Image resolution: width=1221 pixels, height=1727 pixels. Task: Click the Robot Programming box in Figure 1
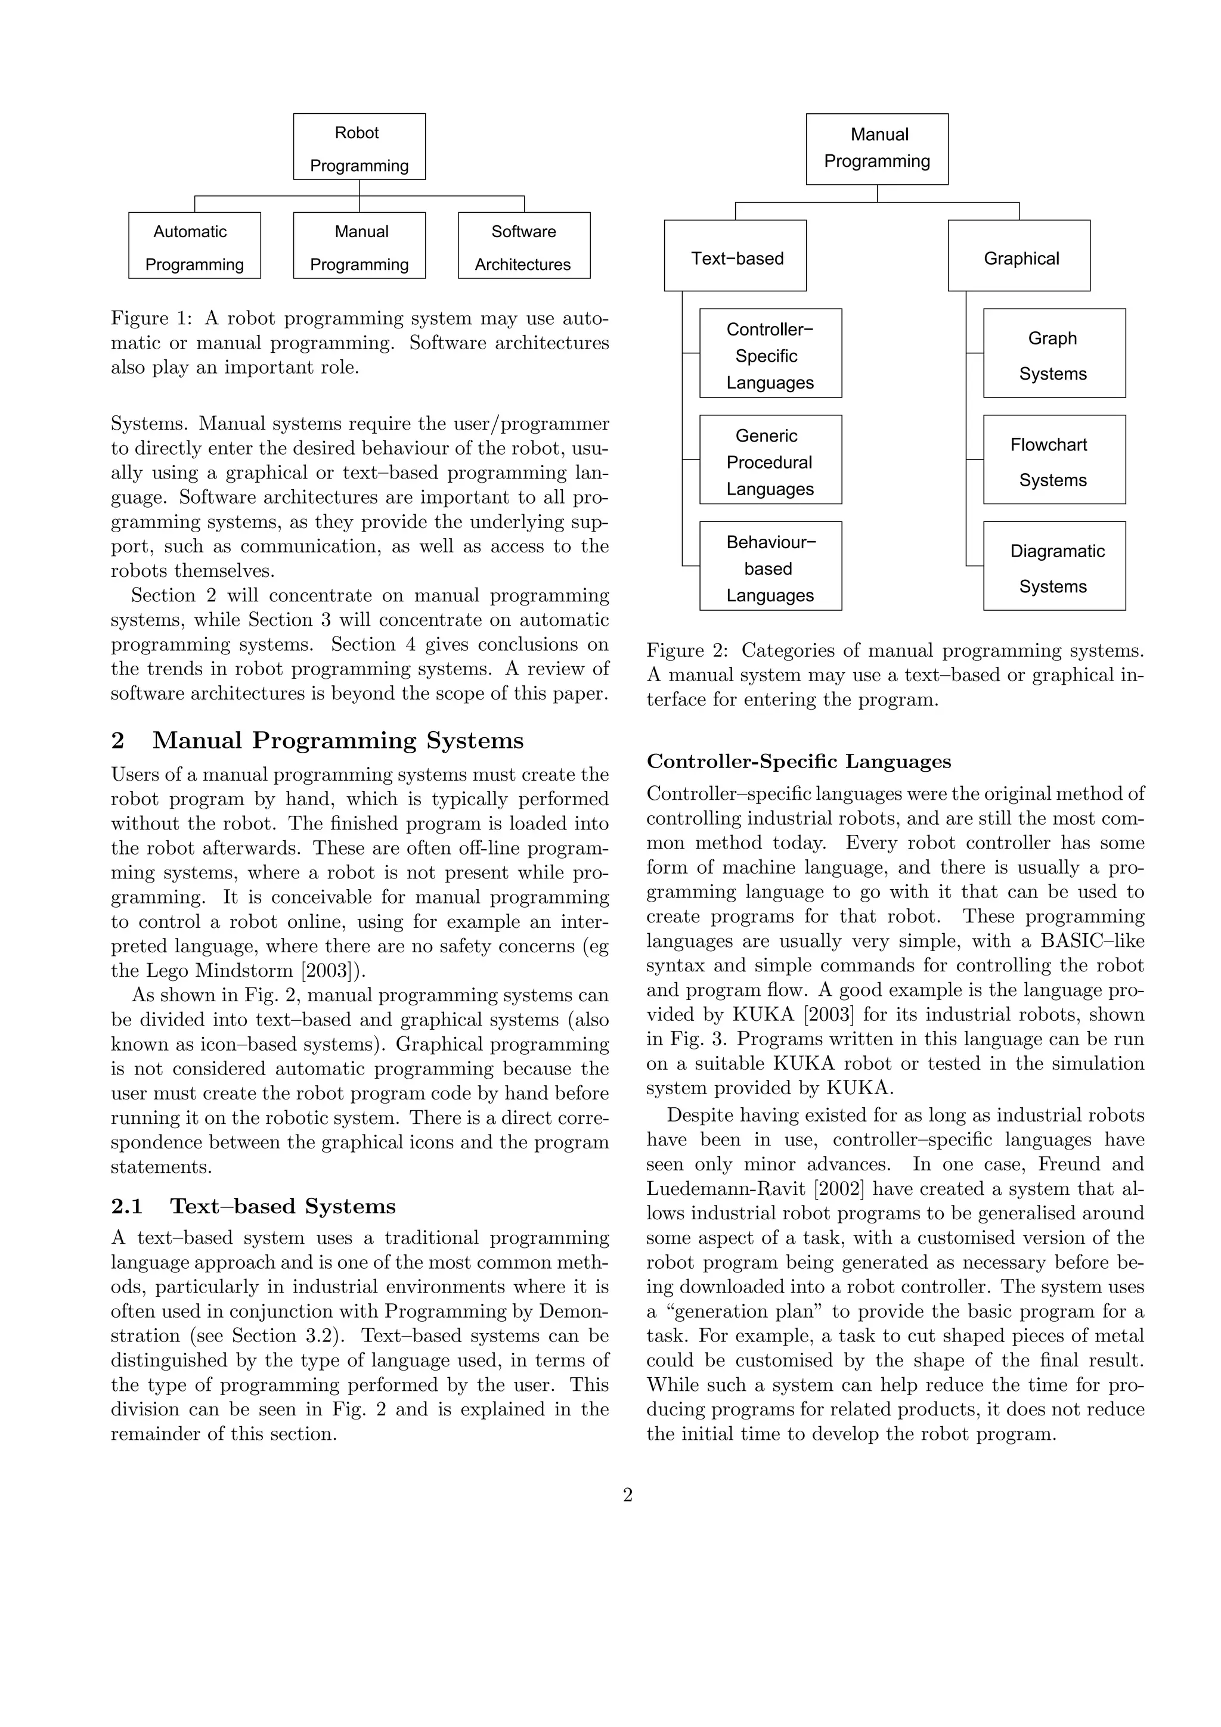(x=359, y=147)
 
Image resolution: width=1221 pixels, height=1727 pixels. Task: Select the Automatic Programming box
(x=194, y=245)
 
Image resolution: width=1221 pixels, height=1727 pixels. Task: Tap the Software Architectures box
(x=523, y=245)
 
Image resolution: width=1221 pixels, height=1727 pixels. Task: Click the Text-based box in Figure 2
(x=735, y=256)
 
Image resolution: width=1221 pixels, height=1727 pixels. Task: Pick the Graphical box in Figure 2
(x=1019, y=256)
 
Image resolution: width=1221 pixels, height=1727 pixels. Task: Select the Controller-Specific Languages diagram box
(x=770, y=353)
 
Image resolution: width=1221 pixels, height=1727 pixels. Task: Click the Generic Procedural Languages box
(x=770, y=459)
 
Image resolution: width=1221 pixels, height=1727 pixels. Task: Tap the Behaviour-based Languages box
(x=770, y=566)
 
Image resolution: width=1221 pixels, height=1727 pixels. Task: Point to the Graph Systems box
(x=1054, y=353)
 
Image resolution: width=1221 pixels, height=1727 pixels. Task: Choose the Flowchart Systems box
(x=1054, y=459)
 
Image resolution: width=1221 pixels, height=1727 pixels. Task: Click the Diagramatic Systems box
(x=1054, y=566)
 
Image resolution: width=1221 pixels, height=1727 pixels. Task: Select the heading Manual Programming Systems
(x=338, y=740)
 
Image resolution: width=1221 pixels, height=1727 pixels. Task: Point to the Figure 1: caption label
(x=152, y=318)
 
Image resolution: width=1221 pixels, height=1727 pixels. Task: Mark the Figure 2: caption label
(x=687, y=651)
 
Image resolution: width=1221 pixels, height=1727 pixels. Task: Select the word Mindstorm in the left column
(x=244, y=970)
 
